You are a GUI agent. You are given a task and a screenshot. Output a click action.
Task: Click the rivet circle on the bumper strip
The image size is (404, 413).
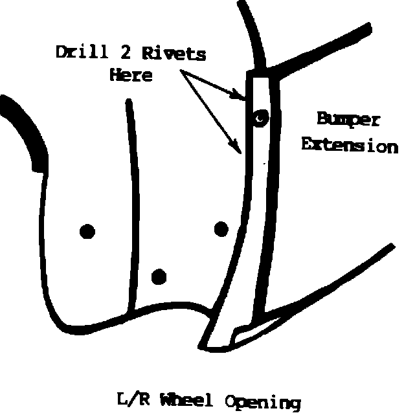coord(260,118)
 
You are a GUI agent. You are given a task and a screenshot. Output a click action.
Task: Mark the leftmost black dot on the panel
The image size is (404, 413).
coord(87,230)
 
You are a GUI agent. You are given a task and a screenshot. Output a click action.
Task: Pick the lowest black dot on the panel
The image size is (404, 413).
coord(158,277)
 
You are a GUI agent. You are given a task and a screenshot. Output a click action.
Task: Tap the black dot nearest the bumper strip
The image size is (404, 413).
coord(221,229)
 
